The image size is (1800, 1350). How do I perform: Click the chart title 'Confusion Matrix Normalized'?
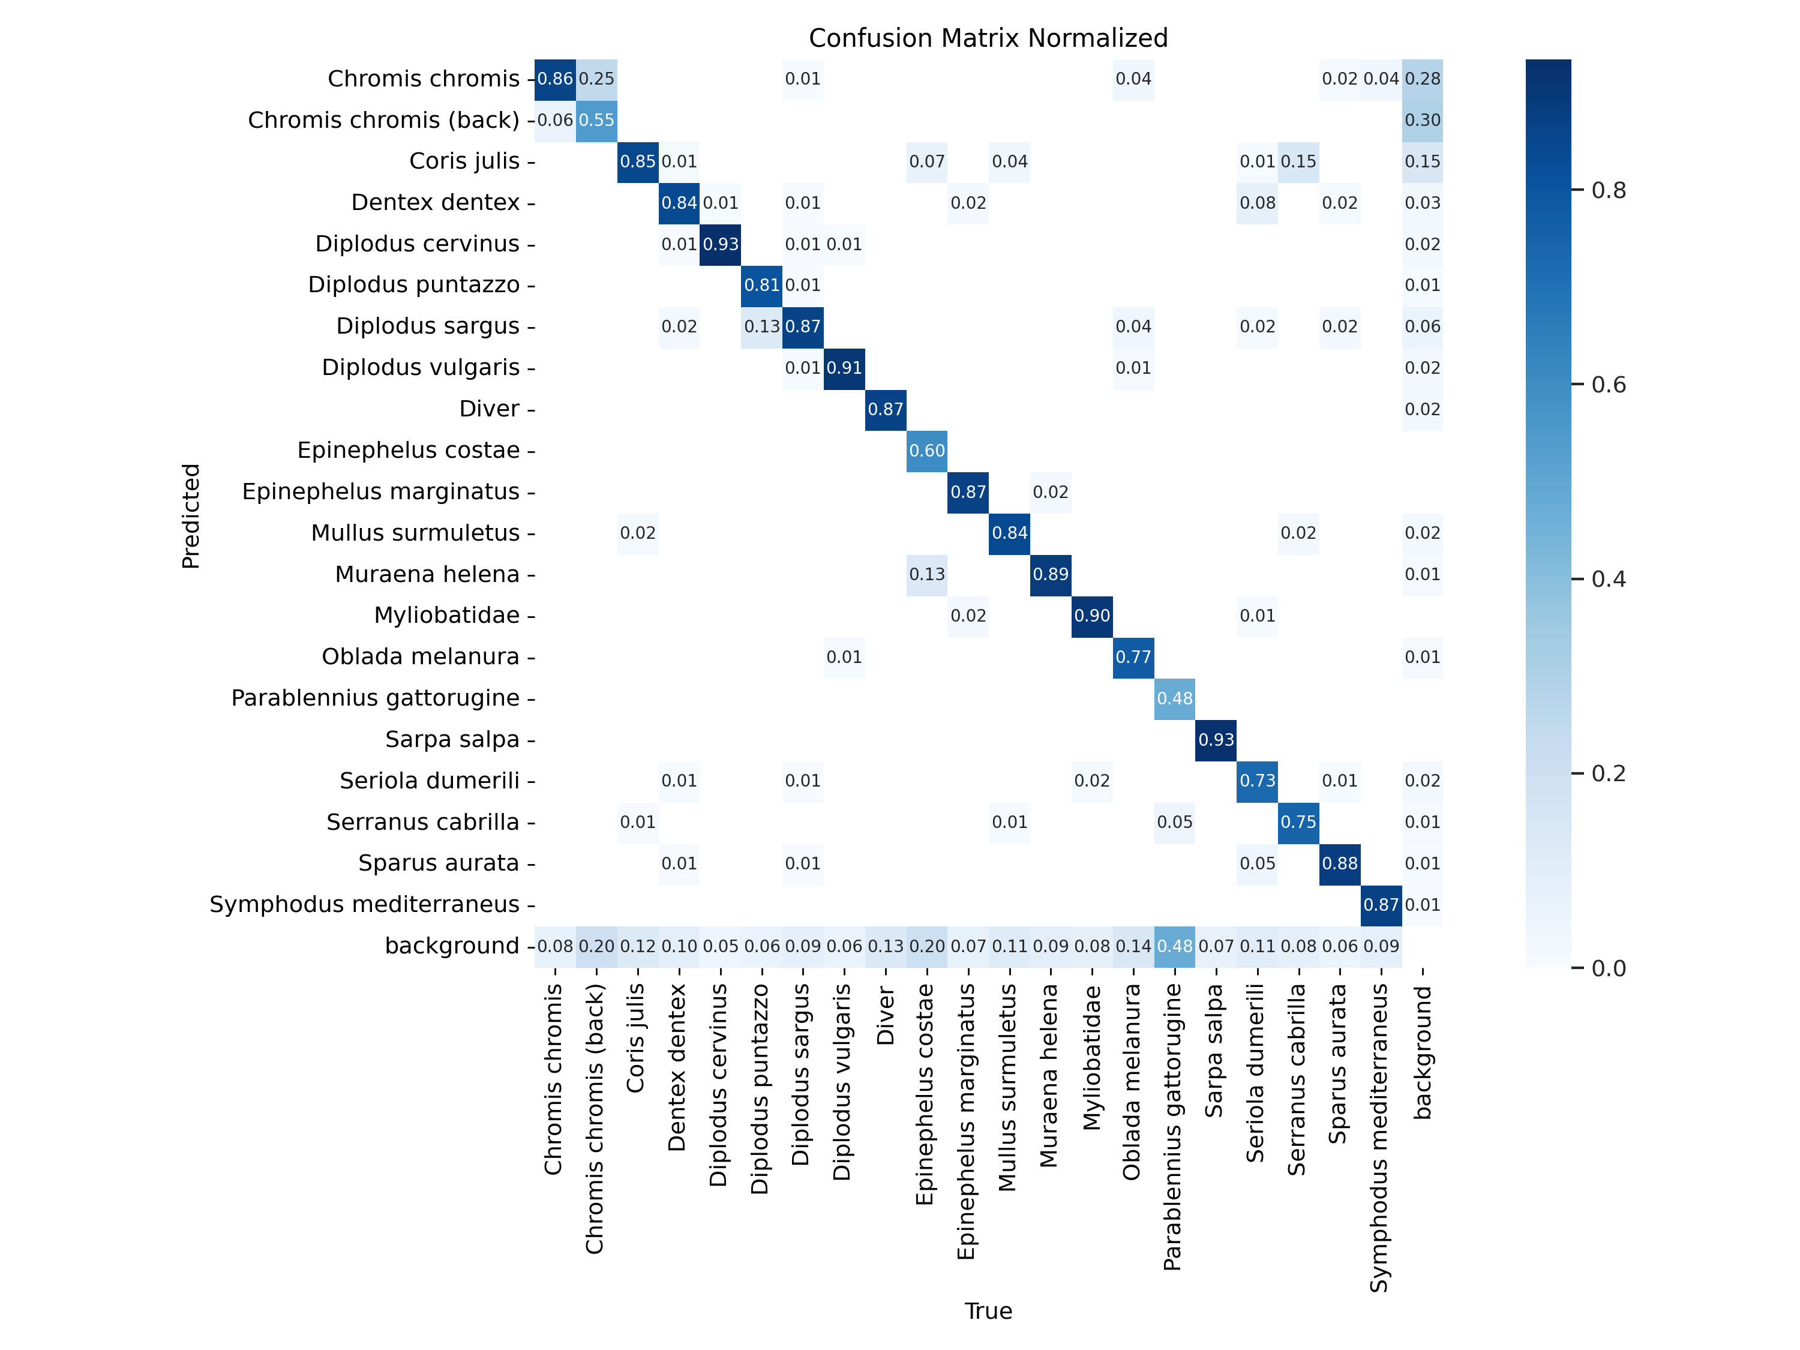tap(988, 38)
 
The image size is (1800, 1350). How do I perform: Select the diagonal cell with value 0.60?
tap(927, 451)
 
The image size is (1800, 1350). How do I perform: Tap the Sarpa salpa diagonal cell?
tap(1216, 740)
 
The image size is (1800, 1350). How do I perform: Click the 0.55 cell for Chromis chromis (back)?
tap(596, 121)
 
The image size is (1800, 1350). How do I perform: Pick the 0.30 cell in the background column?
tap(1423, 121)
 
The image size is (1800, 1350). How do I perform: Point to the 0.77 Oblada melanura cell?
tap(1133, 658)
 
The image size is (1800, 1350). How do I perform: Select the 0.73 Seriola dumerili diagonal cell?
tap(1257, 781)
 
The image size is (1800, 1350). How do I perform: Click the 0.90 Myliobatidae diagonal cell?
tap(1092, 616)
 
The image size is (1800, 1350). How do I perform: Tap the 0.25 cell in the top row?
tap(596, 79)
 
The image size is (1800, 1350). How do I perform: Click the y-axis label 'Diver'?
tap(489, 409)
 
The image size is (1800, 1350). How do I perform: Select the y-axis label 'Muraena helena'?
tap(427, 575)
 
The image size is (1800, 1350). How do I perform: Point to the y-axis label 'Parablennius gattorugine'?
tap(375, 698)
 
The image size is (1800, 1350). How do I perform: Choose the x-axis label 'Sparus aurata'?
tap(1339, 1064)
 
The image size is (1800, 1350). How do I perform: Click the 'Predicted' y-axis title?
tap(190, 516)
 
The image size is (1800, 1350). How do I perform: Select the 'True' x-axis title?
tap(988, 1311)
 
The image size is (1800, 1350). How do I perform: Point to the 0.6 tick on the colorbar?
tap(1608, 385)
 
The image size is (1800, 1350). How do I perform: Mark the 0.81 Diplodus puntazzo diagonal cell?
tap(761, 286)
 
